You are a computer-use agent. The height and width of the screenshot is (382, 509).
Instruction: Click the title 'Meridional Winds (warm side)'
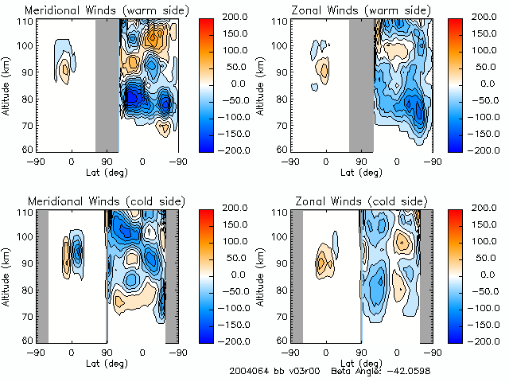[107, 10]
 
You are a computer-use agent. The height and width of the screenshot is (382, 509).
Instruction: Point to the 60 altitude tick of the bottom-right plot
[282, 340]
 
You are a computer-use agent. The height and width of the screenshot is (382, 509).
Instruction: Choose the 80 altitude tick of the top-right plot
[282, 99]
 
